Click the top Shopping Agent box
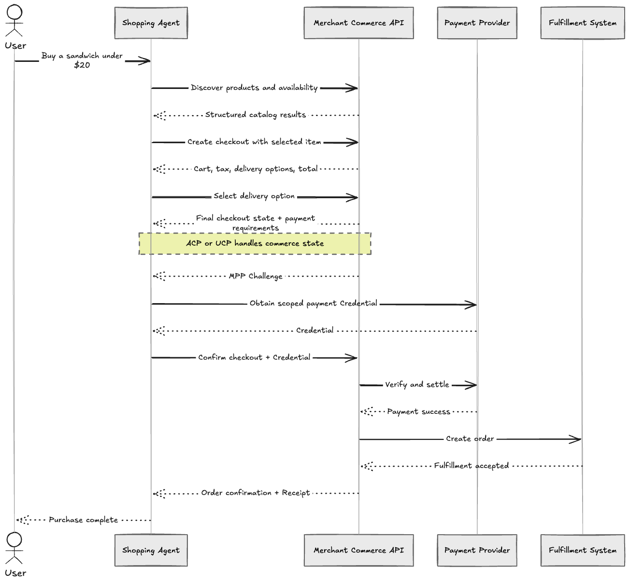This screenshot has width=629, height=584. pyautogui.click(x=151, y=23)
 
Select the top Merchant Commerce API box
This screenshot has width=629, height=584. pyautogui.click(x=358, y=23)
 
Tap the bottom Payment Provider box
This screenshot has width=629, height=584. pyautogui.click(x=477, y=550)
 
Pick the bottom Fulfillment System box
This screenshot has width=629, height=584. pyautogui.click(x=583, y=550)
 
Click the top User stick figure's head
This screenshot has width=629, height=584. pyautogui.click(x=14, y=12)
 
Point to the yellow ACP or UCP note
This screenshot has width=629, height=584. pyautogui.click(x=255, y=244)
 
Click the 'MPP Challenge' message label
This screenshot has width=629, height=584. pyautogui.click(x=256, y=276)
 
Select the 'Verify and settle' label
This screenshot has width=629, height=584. pyautogui.click(x=417, y=384)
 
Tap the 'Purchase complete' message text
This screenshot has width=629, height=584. pyautogui.click(x=83, y=520)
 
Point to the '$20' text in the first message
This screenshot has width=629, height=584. pyautogui.click(x=82, y=65)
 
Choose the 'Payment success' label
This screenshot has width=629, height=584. pyautogui.click(x=418, y=411)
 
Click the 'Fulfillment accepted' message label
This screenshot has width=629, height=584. pyautogui.click(x=472, y=466)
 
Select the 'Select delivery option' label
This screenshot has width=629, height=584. pyautogui.click(x=254, y=196)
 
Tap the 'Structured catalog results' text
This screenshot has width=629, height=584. pyautogui.click(x=256, y=115)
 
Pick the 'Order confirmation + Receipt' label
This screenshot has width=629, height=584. pyautogui.click(x=256, y=493)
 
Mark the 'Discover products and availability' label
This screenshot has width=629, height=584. pyautogui.click(x=254, y=88)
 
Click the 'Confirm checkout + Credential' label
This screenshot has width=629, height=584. pyautogui.click(x=254, y=357)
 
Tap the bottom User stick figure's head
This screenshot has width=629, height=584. pyautogui.click(x=14, y=540)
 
